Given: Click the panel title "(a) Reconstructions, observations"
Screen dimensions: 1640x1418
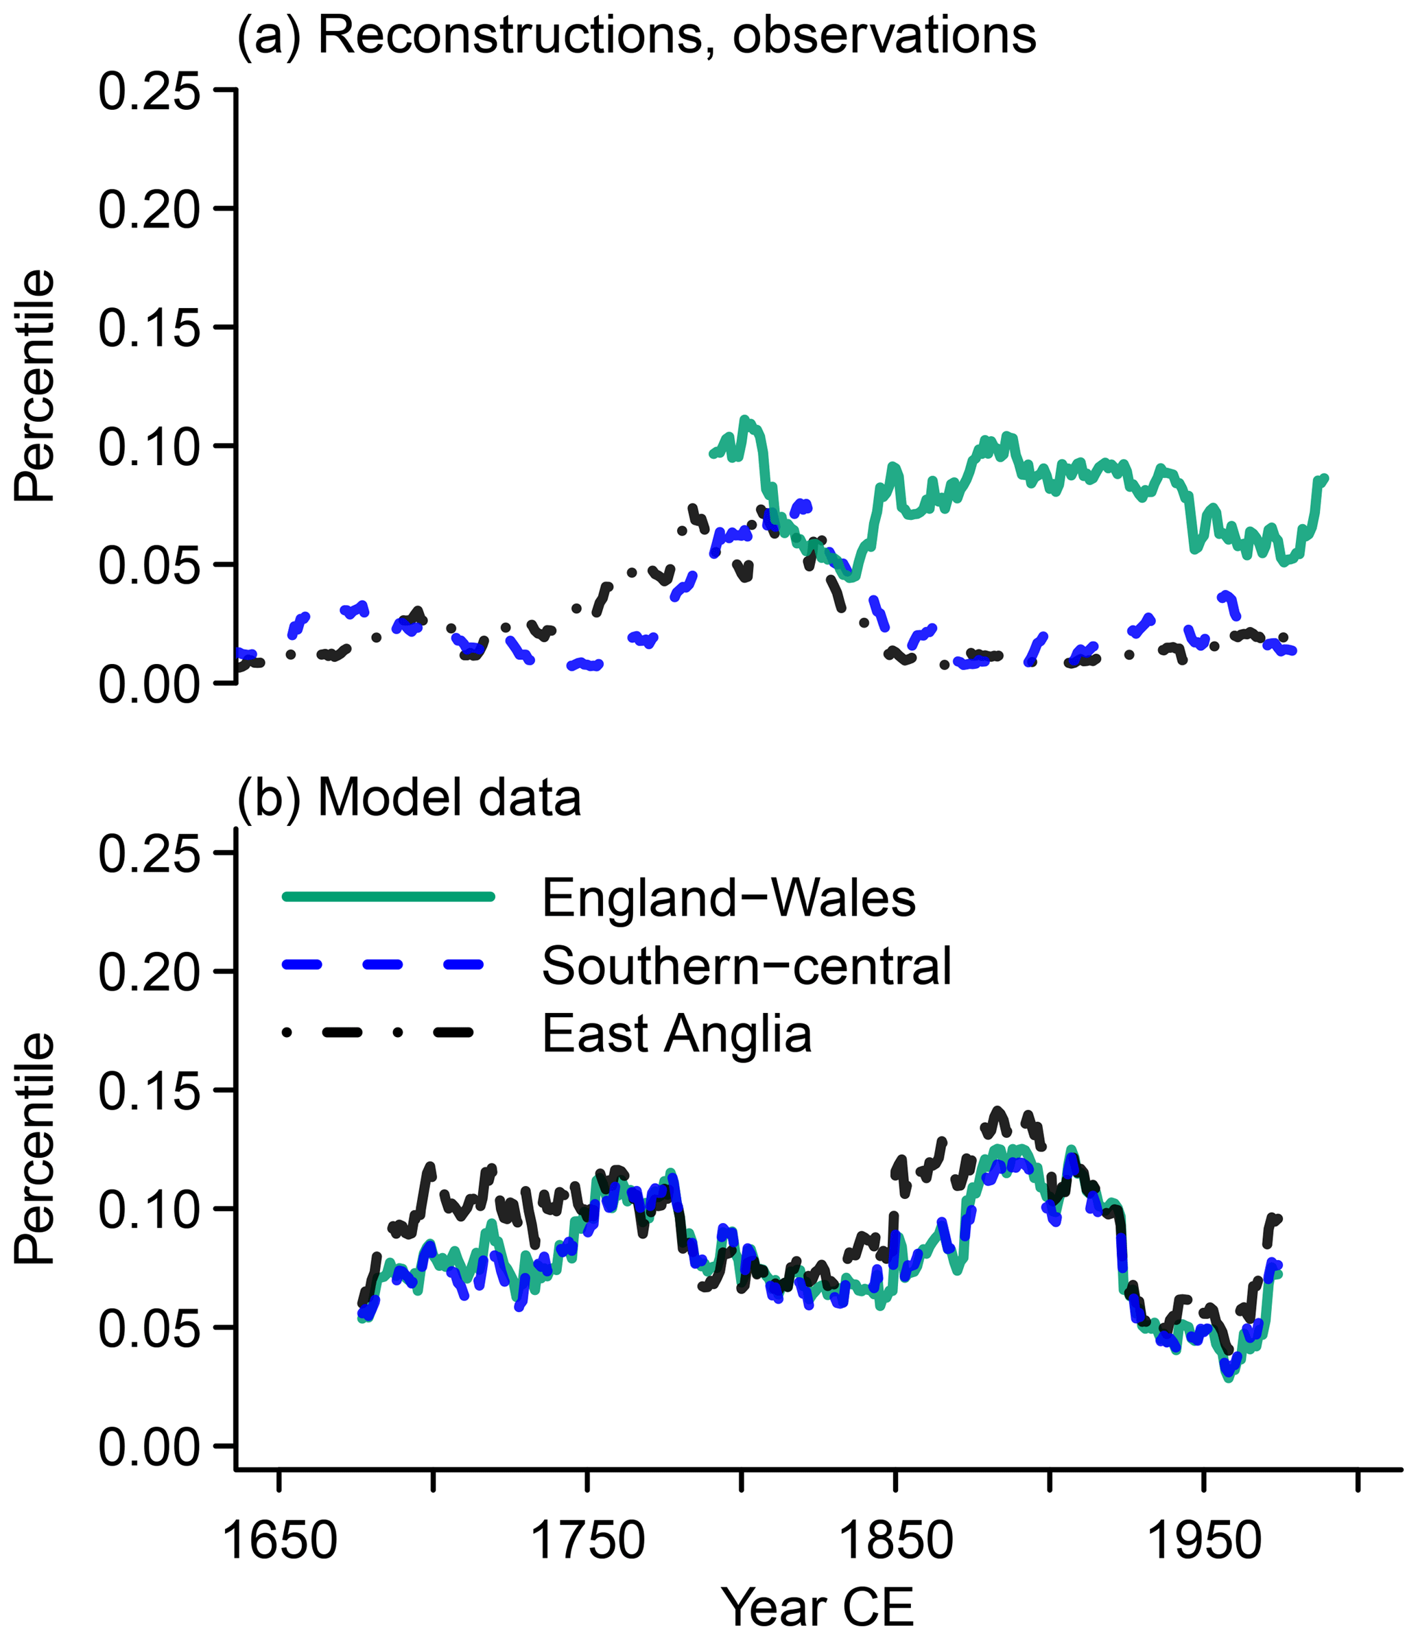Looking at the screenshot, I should pos(637,36).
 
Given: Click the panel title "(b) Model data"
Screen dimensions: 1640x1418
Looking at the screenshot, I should pos(410,798).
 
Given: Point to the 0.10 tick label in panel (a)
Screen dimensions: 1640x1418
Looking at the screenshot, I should pos(149,447).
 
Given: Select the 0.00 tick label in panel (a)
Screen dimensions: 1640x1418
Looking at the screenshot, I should pos(149,684).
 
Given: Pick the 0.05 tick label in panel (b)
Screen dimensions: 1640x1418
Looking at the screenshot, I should pos(149,1328).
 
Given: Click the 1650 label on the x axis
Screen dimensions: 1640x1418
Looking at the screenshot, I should pos(279,1541).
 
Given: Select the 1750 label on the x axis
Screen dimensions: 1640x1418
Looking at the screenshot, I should pos(587,1541).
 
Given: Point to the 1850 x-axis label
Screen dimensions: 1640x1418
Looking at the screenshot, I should pos(895,1541).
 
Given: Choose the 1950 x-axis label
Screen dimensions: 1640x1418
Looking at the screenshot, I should pos(1203,1541).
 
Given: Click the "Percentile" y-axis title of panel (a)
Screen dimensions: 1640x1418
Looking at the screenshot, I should pos(35,386).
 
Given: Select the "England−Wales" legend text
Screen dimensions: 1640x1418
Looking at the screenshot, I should pos(729,899).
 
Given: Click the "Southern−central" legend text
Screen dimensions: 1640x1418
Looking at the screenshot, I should pos(746,966).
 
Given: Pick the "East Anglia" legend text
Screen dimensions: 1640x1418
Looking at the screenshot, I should pos(677,1034).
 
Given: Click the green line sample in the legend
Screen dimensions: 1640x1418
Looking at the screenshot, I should pos(388,896).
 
